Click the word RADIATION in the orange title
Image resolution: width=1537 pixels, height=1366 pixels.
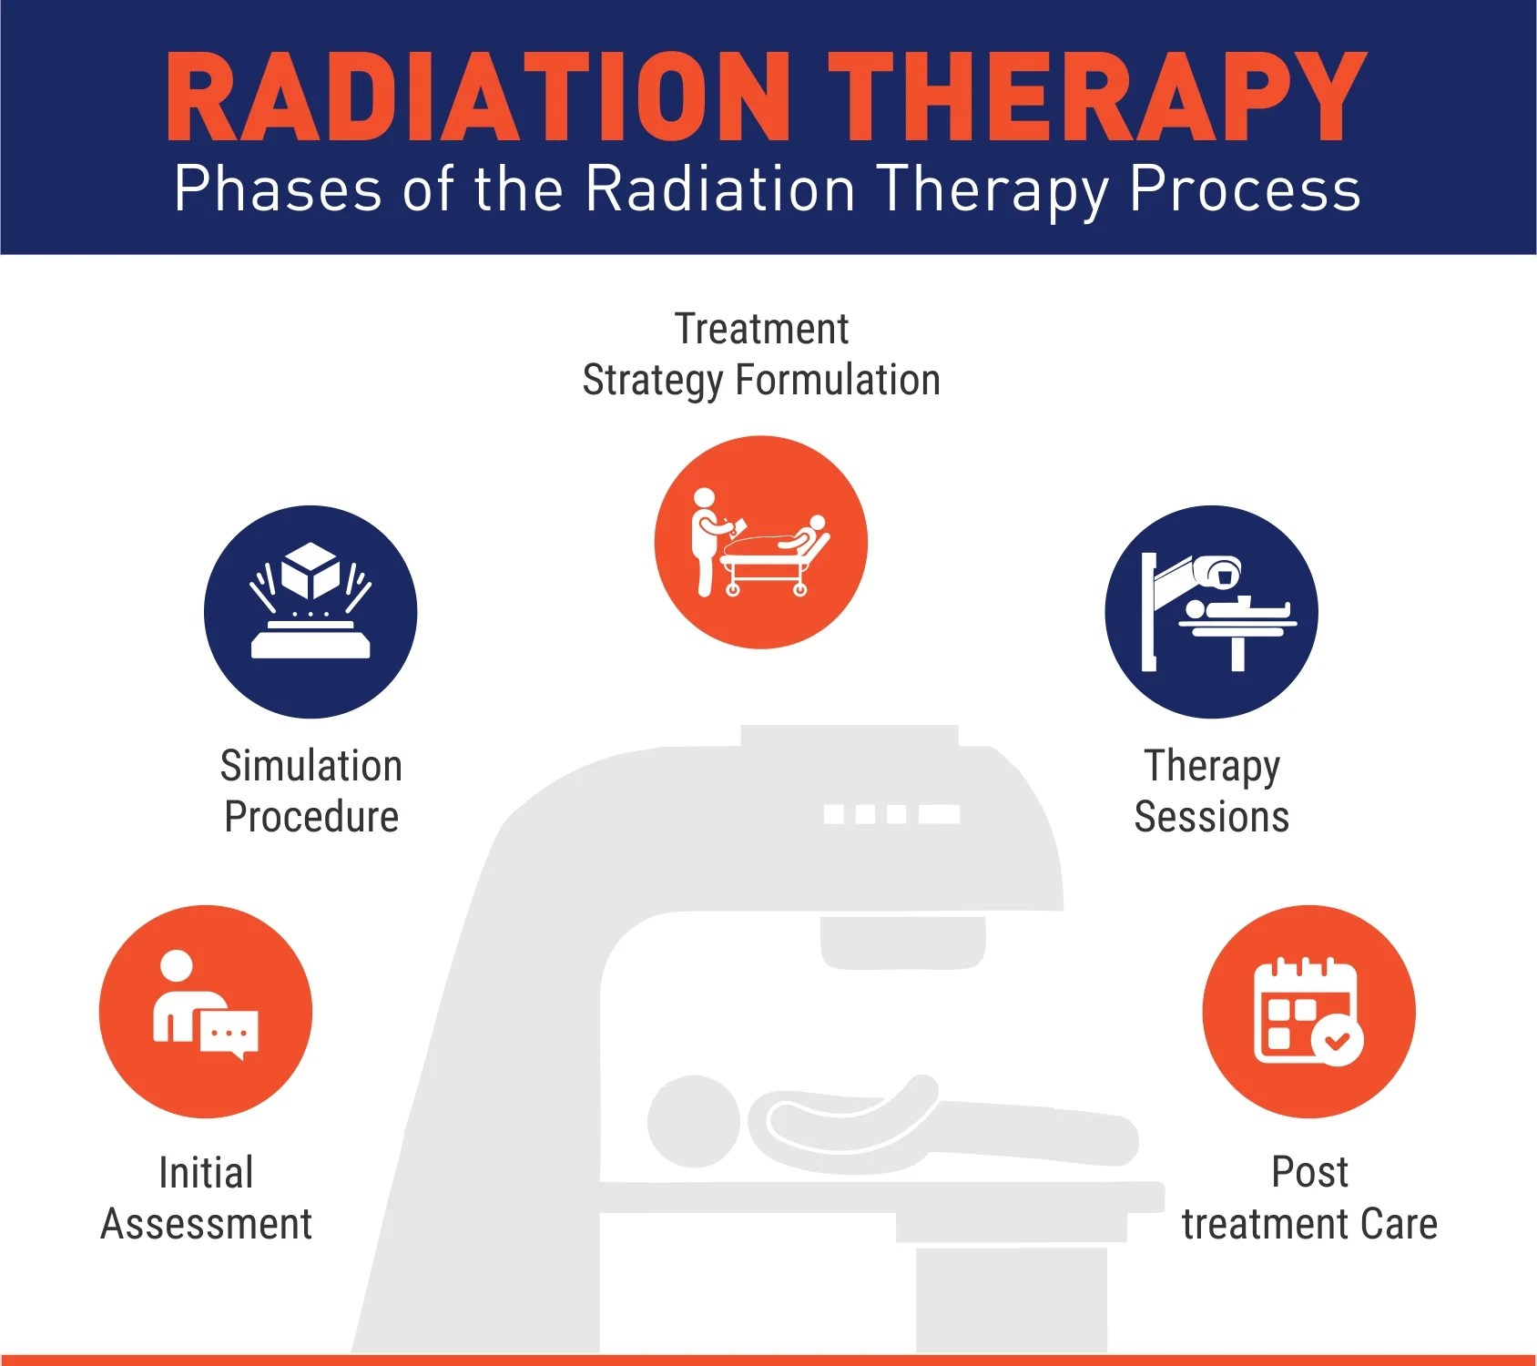(478, 97)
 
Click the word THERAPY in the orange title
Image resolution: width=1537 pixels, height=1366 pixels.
(1096, 97)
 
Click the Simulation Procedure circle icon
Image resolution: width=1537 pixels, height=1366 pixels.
(310, 612)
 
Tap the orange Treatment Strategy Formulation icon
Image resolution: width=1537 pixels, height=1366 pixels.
(760, 543)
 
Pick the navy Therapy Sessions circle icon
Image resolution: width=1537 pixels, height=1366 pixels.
(1211, 612)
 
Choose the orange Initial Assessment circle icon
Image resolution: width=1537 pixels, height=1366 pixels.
(206, 1011)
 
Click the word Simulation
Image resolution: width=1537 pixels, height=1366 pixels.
(310, 766)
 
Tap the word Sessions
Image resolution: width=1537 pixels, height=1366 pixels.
(1211, 817)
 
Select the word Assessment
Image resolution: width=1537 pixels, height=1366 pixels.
(207, 1224)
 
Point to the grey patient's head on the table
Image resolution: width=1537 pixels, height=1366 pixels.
(694, 1121)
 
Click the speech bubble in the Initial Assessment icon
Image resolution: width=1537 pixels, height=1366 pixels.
(229, 1035)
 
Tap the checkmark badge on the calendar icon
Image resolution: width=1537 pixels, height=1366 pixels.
(1338, 1039)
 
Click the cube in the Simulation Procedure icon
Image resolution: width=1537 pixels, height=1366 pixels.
(310, 570)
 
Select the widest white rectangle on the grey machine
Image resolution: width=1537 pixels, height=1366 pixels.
(939, 813)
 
